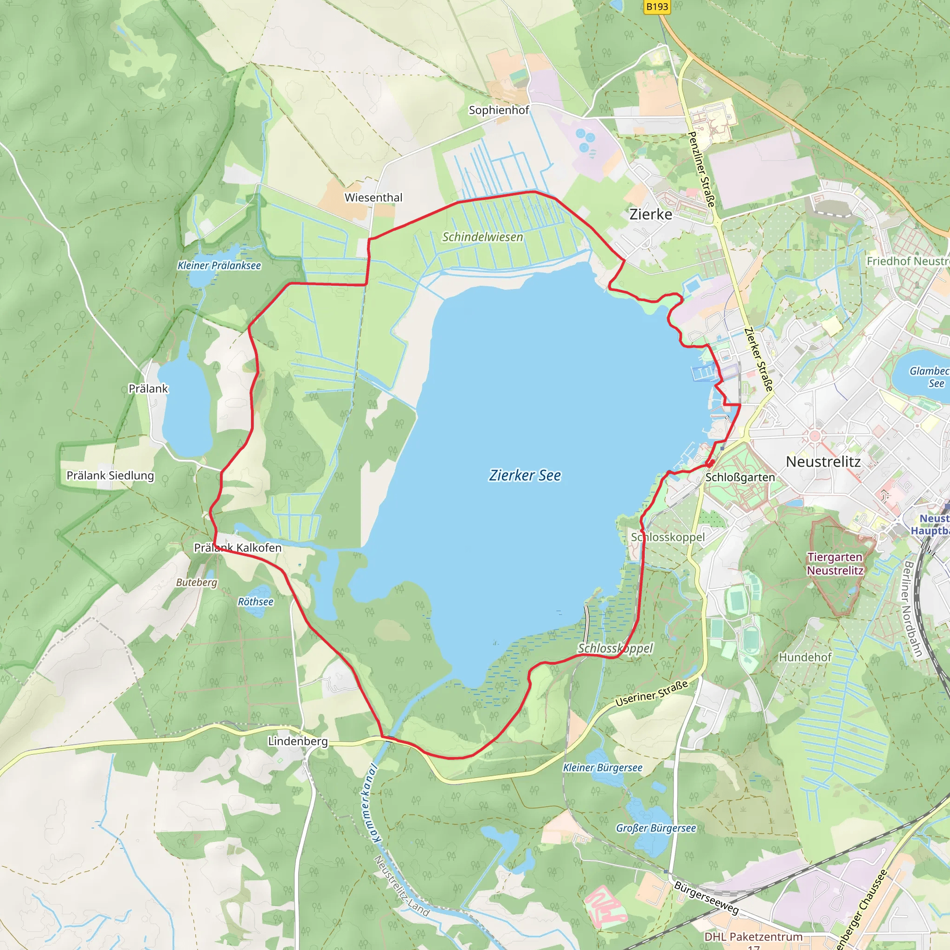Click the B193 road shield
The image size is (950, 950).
657,6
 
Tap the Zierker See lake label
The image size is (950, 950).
525,475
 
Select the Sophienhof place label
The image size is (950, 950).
499,109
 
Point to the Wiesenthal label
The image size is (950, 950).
373,197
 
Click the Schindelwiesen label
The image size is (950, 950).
482,237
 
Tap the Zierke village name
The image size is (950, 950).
650,214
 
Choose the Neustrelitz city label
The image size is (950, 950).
823,461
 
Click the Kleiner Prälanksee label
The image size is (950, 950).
219,265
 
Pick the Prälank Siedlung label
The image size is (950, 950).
110,475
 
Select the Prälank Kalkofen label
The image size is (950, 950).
237,547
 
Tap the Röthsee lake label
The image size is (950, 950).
255,601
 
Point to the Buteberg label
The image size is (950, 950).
196,582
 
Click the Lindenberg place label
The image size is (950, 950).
297,741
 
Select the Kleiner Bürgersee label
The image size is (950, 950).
603,768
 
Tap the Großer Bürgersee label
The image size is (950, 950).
656,828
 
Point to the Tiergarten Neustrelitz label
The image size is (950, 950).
835,564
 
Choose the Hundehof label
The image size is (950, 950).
805,657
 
